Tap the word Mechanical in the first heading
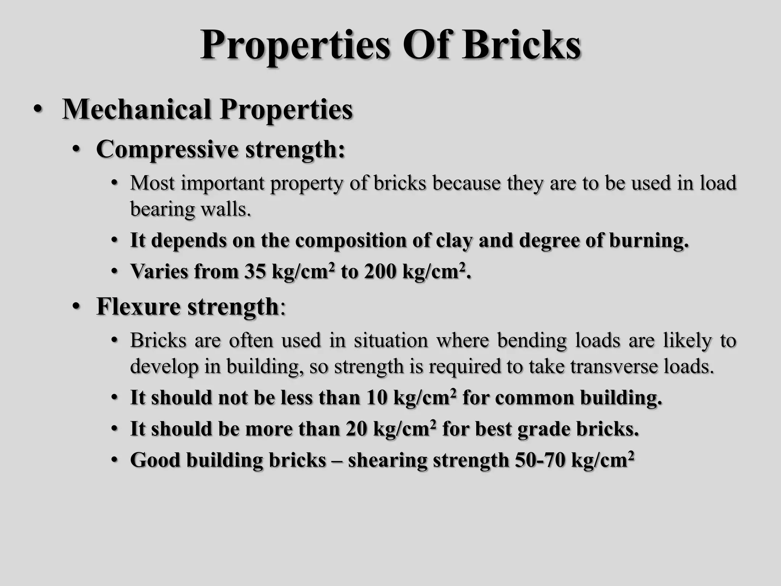[x=137, y=110]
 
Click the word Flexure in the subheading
[x=138, y=306]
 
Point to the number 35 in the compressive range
[x=255, y=272]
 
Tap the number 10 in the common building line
[x=377, y=398]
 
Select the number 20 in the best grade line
[x=357, y=429]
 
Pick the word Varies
[x=159, y=272]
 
